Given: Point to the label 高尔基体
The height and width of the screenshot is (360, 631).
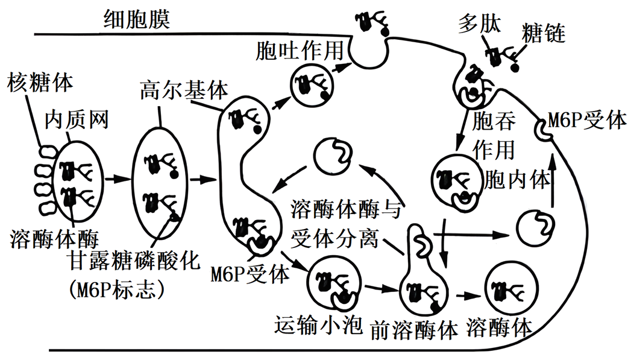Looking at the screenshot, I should click(184, 90).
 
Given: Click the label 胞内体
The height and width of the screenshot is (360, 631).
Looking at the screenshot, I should click(518, 178).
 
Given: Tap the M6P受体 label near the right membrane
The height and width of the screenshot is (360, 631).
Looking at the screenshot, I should click(588, 120).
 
